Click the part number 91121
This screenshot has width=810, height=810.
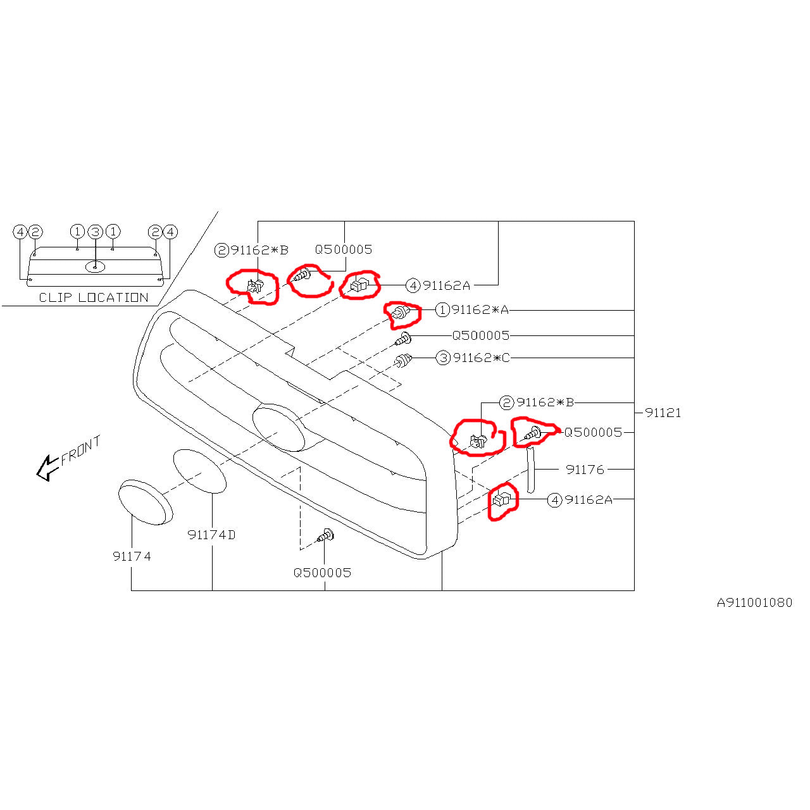663,413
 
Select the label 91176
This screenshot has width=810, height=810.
585,470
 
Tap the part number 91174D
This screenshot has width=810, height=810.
211,535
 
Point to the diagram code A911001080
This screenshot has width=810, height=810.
754,603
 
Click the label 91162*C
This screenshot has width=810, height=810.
482,358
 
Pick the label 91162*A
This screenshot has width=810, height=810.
480,310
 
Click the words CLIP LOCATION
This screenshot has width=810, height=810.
94,297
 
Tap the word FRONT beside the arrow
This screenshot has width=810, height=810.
81,450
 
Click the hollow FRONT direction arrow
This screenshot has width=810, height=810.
47,467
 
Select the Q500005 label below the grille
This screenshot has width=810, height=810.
322,573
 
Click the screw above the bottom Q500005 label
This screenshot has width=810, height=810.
326,536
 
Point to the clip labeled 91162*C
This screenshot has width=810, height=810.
402,361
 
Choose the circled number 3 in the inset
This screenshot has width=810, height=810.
96,232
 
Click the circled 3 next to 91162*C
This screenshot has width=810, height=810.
443,358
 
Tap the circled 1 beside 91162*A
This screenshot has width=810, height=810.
442,310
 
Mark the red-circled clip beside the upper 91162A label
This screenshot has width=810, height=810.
359,285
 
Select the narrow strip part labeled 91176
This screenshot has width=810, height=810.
530,470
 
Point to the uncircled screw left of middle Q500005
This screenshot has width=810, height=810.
403,339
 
